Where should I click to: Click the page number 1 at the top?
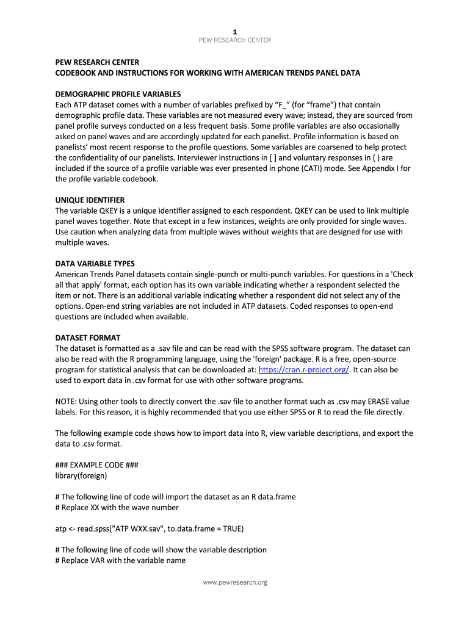tap(235, 31)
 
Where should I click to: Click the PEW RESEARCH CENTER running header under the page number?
tap(235, 40)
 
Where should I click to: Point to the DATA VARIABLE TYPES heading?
tap(95, 264)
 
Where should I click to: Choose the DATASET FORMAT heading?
tap(87, 338)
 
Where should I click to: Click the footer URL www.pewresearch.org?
tap(235, 582)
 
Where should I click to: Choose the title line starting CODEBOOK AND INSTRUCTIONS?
tap(208, 73)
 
